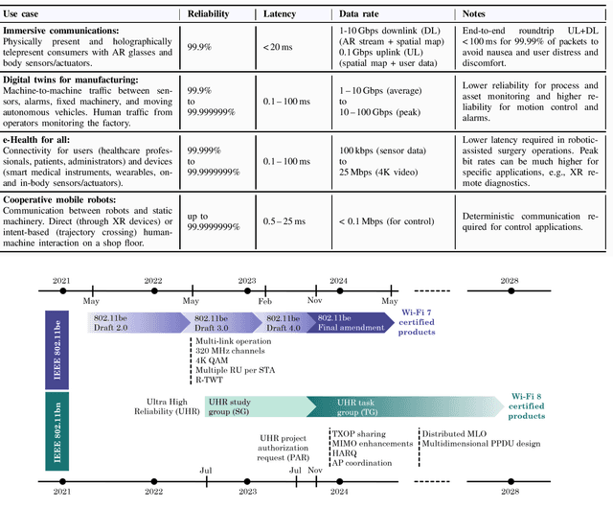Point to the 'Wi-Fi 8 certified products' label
click(530, 405)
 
